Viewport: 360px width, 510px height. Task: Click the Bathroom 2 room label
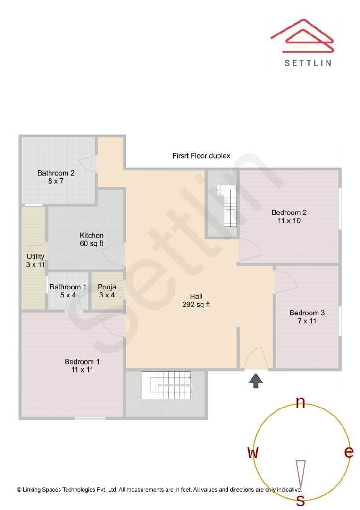coord(56,173)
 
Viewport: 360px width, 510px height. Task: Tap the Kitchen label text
coord(92,236)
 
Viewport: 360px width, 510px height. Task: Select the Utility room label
coord(35,257)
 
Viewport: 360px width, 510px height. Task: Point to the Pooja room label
coord(107,287)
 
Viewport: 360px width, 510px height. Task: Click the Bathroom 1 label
coord(68,287)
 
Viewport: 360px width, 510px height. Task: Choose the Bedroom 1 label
coord(82,362)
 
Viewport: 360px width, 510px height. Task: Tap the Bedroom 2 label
coord(289,213)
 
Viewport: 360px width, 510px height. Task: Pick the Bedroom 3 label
coord(307,313)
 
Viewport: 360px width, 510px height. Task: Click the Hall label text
coord(196,297)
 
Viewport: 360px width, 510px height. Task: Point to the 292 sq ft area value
coord(196,305)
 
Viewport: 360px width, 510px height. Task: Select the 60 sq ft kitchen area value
coord(92,244)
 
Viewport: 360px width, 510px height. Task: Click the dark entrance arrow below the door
coord(256,381)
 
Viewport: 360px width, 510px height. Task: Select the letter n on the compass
coord(300,402)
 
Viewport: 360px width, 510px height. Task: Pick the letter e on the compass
coord(349,452)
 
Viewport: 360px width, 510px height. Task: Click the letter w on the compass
coord(253,452)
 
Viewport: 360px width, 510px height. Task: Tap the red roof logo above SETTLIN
coord(302,36)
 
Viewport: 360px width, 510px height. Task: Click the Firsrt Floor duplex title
coord(201,156)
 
